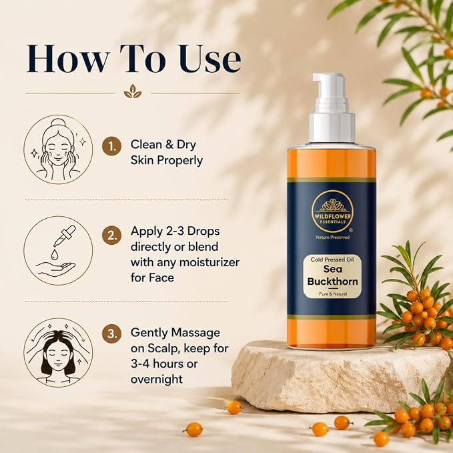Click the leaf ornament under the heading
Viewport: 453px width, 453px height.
[x=133, y=91]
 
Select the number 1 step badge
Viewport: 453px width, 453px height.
[x=111, y=146]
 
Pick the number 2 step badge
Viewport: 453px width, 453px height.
[x=111, y=236]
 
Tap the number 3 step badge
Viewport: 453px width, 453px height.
[x=111, y=334]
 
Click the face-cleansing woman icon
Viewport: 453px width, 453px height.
[x=58, y=149]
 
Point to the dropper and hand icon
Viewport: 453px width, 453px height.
[x=58, y=251]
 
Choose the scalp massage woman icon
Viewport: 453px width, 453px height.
[x=58, y=352]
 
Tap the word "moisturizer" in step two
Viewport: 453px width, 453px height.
[x=209, y=262]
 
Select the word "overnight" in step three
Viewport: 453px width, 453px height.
[x=157, y=379]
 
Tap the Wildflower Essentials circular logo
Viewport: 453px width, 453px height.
[x=332, y=211]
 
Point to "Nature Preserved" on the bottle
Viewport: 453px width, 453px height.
[x=332, y=238]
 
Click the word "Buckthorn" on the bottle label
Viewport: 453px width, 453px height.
[x=332, y=281]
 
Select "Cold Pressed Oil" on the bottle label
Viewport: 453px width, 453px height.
[x=332, y=260]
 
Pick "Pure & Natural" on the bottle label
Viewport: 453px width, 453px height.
[x=333, y=294]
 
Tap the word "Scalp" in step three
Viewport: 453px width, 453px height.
[x=164, y=348]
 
